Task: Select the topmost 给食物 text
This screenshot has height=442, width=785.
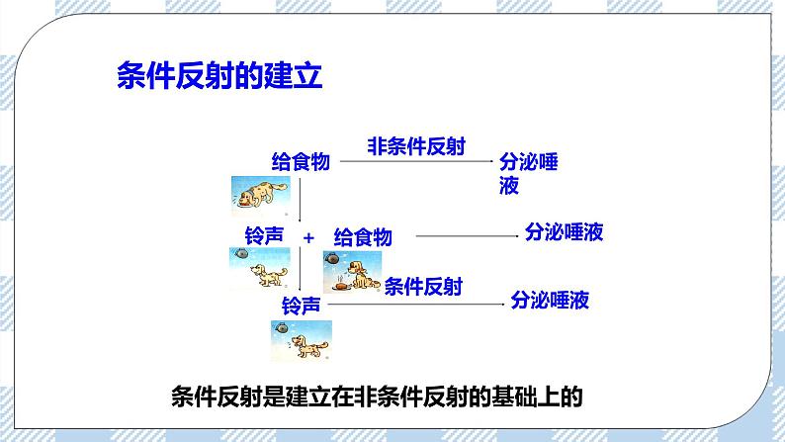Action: pyautogui.click(x=301, y=162)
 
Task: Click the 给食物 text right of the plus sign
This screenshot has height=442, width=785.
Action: pyautogui.click(x=363, y=237)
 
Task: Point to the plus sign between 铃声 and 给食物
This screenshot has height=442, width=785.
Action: pyautogui.click(x=308, y=238)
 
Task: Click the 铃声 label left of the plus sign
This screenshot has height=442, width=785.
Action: pyautogui.click(x=264, y=235)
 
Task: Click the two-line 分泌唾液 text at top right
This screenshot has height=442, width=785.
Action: pyautogui.click(x=528, y=173)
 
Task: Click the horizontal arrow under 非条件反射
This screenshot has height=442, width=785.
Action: pyautogui.click(x=416, y=161)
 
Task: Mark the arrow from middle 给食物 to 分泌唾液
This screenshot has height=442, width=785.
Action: pyautogui.click(x=464, y=236)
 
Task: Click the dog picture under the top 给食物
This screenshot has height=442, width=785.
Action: pyautogui.click(x=260, y=195)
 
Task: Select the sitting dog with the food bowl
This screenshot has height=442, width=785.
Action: pyautogui.click(x=352, y=273)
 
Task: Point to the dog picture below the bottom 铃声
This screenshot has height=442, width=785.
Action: pyautogui.click(x=301, y=341)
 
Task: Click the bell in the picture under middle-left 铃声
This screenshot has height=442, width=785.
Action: pyautogui.click(x=241, y=255)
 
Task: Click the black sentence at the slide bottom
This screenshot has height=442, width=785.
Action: pyautogui.click(x=378, y=398)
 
